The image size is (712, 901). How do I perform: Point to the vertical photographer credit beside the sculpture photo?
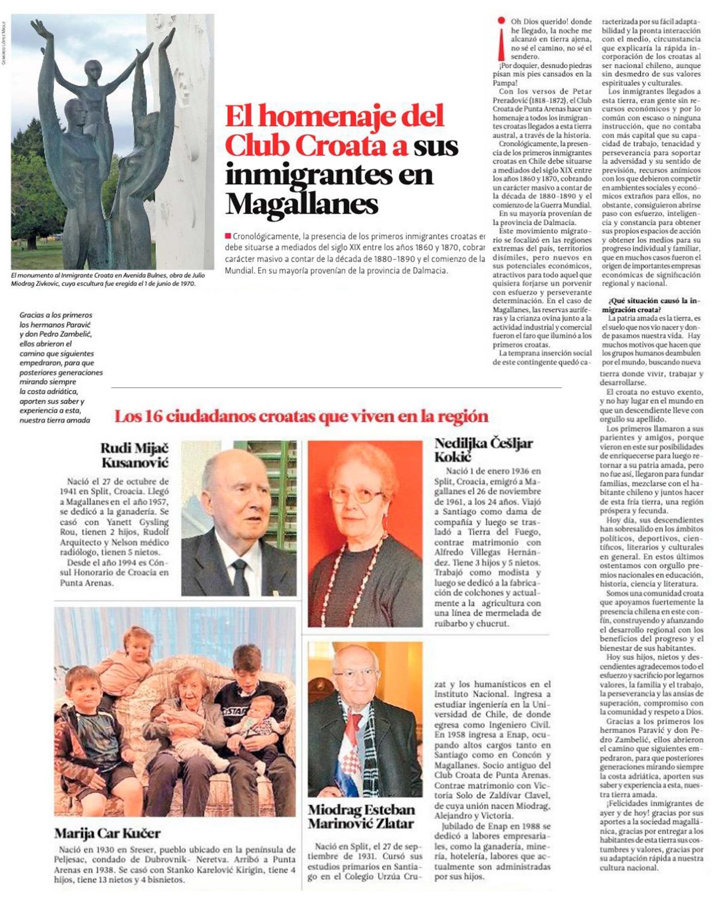click(4, 42)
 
